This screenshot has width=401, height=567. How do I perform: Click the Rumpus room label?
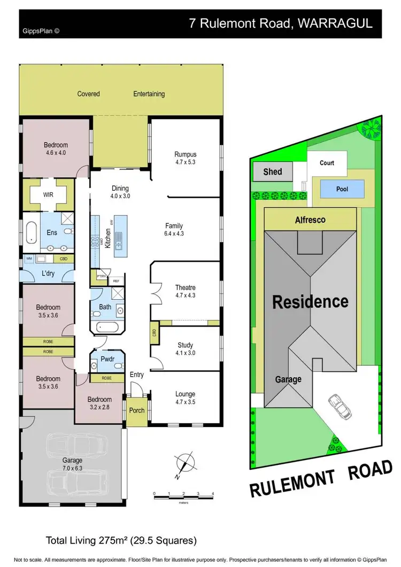(185, 153)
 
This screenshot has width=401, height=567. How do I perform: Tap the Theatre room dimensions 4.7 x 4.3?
(185, 302)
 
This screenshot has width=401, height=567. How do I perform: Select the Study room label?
(185, 345)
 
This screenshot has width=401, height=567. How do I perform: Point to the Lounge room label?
(185, 394)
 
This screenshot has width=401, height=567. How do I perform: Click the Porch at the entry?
(137, 411)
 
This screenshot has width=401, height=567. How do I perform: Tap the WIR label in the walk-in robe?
(49, 196)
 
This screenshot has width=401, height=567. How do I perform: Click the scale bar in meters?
(183, 498)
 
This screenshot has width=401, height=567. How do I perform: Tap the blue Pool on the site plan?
(342, 189)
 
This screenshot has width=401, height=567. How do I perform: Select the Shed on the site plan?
(273, 172)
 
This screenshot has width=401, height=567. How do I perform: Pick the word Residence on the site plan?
(310, 301)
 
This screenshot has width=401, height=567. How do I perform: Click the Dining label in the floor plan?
(120, 188)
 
